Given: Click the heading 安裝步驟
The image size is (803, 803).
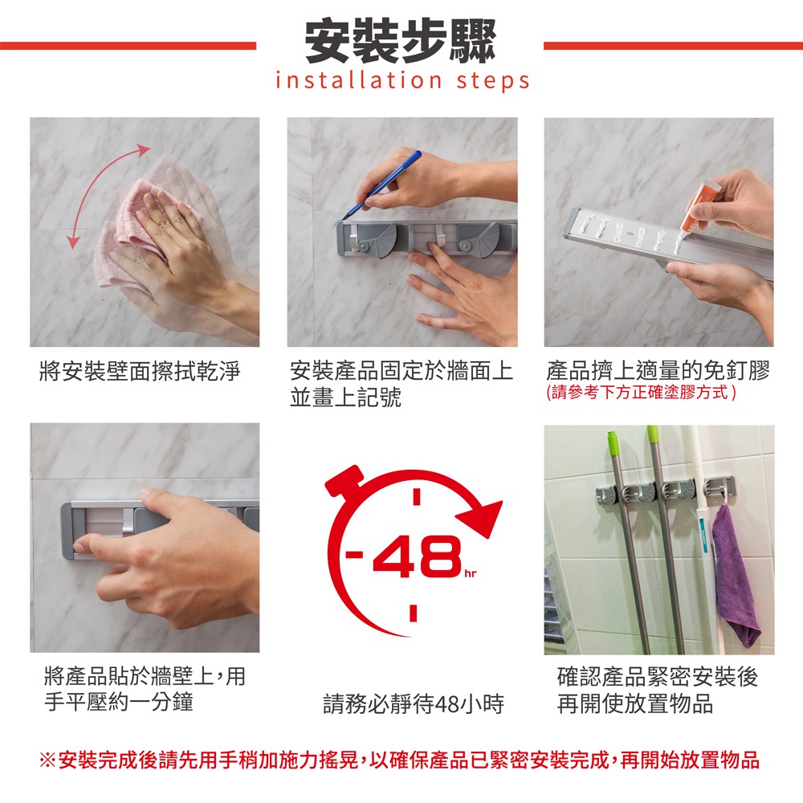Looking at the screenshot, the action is pyautogui.click(x=400, y=40).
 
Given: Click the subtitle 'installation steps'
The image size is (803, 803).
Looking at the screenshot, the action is pyautogui.click(x=402, y=81).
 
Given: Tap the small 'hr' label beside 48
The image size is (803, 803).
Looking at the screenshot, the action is pyautogui.click(x=470, y=573).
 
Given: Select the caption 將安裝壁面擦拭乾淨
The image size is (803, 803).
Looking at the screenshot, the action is pyautogui.click(x=140, y=371).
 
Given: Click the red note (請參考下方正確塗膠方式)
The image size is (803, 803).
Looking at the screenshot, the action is pyautogui.click(x=641, y=393).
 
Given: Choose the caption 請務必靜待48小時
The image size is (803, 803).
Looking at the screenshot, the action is pyautogui.click(x=414, y=703).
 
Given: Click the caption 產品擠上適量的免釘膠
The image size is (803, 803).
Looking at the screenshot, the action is pyautogui.click(x=658, y=369).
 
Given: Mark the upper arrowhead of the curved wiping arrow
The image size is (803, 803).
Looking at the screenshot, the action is pyautogui.click(x=144, y=149).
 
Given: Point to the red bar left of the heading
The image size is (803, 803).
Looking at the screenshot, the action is pyautogui.click(x=128, y=46).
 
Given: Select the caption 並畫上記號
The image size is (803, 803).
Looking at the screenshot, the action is pyautogui.click(x=345, y=397).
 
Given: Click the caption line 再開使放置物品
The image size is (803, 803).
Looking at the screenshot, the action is pyautogui.click(x=635, y=703).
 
